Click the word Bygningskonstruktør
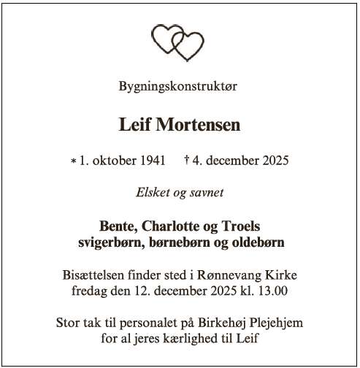[x=178, y=86]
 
